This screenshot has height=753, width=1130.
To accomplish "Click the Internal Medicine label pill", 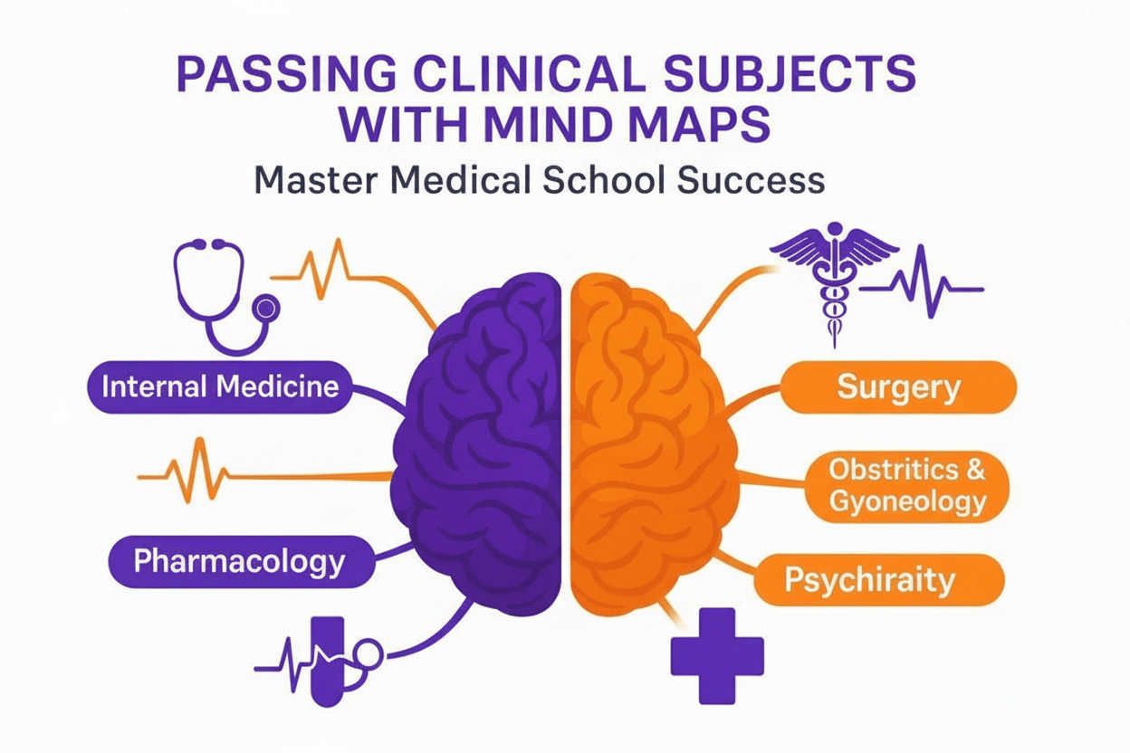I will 220,387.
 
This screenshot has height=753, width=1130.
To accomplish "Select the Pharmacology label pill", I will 239,561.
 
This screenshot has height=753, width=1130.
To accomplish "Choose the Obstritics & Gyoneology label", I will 906,486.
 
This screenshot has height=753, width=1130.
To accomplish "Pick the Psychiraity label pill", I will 868,579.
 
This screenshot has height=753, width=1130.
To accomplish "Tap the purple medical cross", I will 716,655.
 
